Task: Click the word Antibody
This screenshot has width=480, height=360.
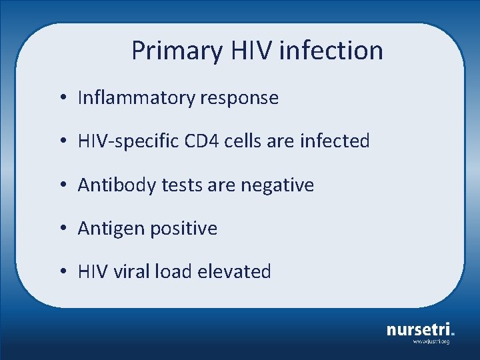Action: tap(109, 185)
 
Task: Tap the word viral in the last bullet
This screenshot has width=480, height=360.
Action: tap(129, 271)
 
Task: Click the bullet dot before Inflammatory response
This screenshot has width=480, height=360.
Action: tap(61, 99)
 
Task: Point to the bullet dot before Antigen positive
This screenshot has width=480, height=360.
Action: tap(61, 229)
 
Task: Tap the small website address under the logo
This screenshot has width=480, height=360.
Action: tap(431, 341)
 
